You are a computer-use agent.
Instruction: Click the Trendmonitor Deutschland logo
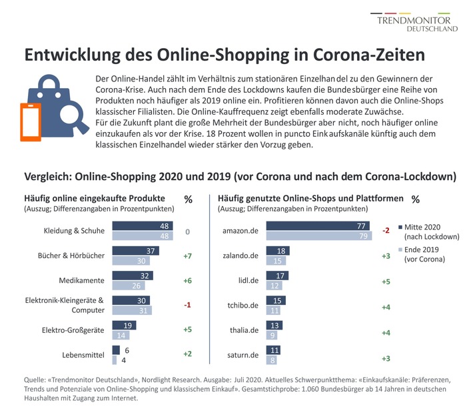coord(418,21)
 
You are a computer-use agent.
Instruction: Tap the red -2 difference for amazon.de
coord(385,231)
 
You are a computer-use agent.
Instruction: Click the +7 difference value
coord(188,256)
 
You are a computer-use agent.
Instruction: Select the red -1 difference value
coord(188,305)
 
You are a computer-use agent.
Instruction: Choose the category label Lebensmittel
coord(83,354)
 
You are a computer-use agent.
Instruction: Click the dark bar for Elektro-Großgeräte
coord(124,325)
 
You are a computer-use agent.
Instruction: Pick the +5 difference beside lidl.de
coord(386,280)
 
